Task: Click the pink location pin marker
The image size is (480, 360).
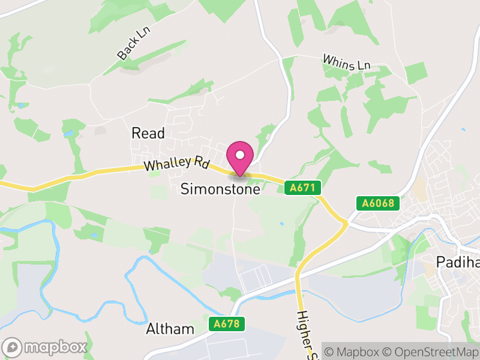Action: pos(240,157)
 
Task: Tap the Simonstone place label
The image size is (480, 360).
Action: pos(221,189)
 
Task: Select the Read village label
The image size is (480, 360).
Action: pos(148,133)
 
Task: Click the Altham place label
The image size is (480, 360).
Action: pos(170,329)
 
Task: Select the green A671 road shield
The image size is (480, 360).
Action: pos(302,188)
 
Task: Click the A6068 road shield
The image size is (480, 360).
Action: pos(378,203)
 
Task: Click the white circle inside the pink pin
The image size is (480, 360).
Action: pos(240,154)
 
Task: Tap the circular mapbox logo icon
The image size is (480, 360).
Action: pos(13,347)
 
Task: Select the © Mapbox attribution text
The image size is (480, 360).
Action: pos(355,352)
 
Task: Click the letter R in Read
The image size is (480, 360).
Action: pos(136,133)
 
